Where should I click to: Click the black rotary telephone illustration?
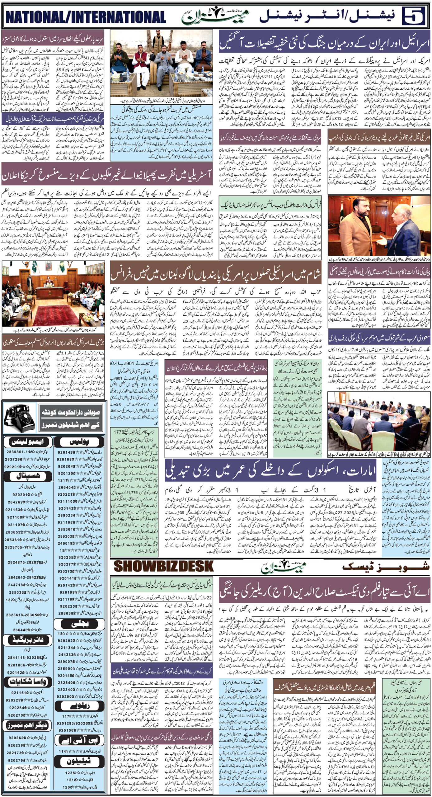pos(19,418)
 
